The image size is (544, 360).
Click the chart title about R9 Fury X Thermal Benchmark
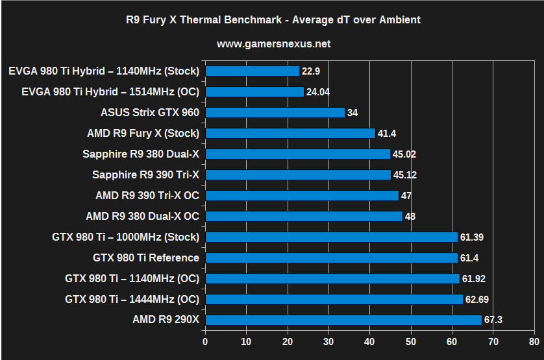273,19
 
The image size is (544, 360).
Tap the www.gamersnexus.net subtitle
273,44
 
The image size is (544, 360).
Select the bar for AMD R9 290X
343,320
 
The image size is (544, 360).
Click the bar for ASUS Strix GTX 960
275,112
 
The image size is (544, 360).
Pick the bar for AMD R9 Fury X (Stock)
290,133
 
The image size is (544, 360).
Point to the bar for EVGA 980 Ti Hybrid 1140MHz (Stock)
252,71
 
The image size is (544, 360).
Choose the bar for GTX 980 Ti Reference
331,258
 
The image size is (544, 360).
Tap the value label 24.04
318,91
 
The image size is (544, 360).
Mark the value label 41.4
388,133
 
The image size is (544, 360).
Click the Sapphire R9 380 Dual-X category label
141,154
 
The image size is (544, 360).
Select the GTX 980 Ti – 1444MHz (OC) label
132,299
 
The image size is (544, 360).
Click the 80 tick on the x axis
534,341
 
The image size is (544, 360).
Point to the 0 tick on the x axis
205,341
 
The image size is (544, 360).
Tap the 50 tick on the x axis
410,341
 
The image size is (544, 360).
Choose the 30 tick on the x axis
328,341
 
